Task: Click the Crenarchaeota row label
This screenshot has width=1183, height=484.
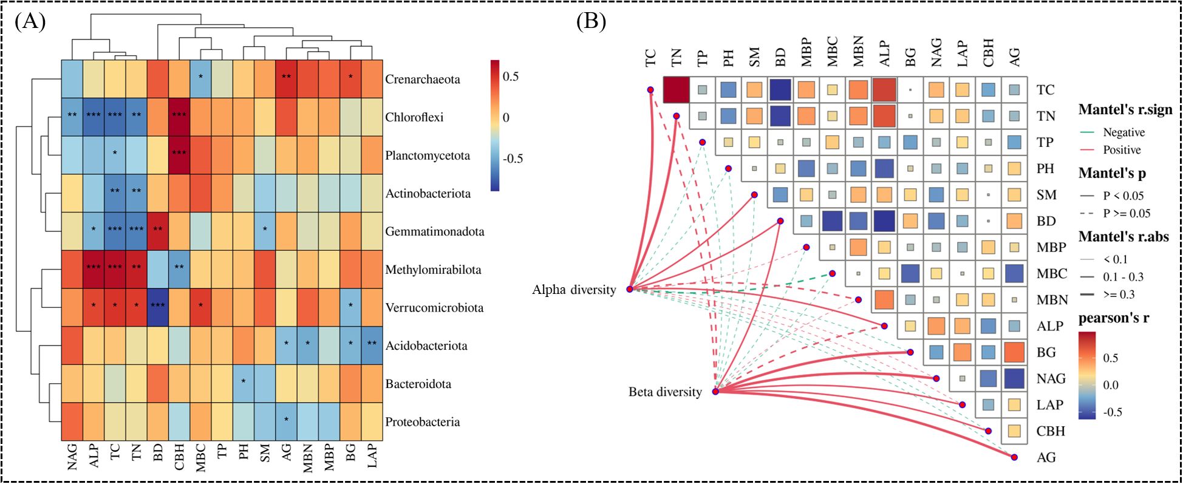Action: click(422, 80)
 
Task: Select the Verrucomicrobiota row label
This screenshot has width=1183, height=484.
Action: click(434, 308)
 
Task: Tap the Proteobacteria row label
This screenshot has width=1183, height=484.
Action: click(422, 422)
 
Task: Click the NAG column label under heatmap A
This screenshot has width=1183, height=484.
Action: click(72, 457)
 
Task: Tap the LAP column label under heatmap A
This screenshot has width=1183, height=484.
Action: click(372, 455)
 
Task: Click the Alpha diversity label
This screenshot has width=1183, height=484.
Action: click(574, 290)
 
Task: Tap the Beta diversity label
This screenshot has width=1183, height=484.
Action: click(665, 392)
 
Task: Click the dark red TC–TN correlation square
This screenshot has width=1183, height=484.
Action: click(676, 90)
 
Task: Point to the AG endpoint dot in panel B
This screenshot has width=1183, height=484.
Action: click(1014, 457)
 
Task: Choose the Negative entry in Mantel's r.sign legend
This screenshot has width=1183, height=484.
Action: click(1123, 132)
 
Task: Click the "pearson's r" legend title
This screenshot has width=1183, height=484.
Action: click(1113, 318)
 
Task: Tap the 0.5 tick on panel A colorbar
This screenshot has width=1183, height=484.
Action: click(511, 77)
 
